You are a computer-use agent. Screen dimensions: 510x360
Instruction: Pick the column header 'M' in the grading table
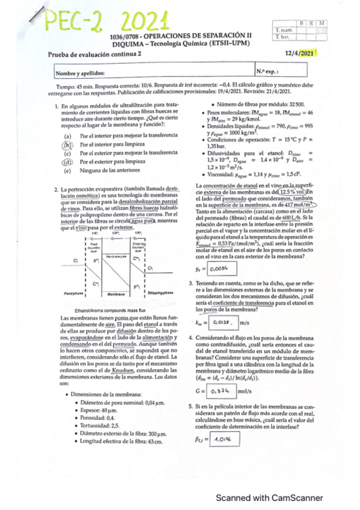(322, 22)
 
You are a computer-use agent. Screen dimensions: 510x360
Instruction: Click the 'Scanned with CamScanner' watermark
(269, 497)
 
